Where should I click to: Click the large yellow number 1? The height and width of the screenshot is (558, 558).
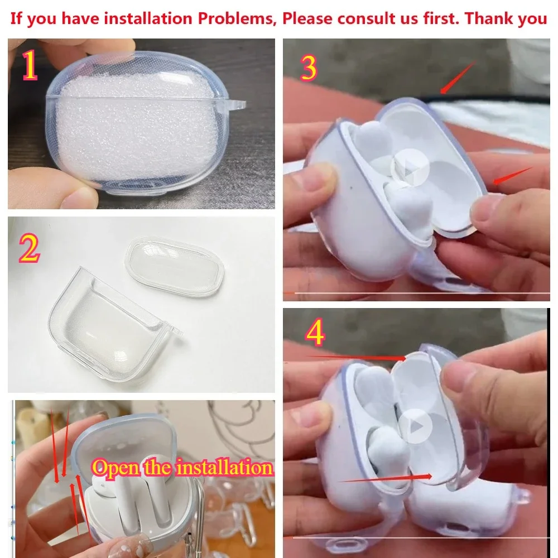(30, 66)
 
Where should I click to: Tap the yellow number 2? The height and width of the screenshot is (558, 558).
(30, 249)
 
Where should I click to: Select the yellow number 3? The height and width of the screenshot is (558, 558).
(309, 68)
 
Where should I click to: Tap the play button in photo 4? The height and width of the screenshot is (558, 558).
(416, 426)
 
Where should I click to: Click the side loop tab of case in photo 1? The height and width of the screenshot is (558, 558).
(238, 105)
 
